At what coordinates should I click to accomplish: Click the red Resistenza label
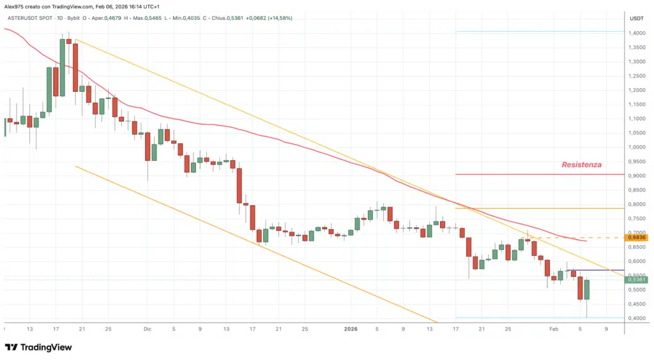coord(581,165)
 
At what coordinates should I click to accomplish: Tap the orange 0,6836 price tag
coord(637,237)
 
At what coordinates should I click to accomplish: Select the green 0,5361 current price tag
coord(637,280)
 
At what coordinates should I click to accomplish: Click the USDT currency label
coord(637,18)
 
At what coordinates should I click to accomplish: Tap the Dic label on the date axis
coord(147,329)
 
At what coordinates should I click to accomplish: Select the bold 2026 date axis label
coord(351,329)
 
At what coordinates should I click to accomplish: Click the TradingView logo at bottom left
coord(38,347)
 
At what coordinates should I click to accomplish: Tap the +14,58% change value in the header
coord(277,18)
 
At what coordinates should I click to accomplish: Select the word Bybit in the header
coord(75,18)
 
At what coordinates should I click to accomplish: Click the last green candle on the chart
coord(587,289)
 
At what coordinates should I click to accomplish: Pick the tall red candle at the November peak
coord(75,67)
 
